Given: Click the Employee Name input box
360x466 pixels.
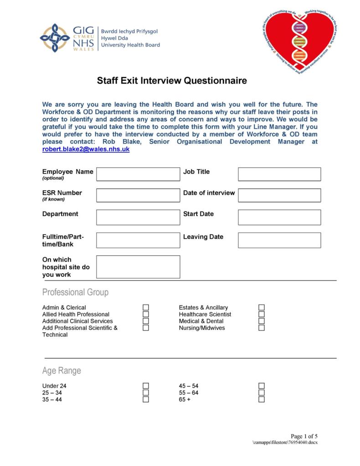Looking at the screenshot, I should [x=138, y=174].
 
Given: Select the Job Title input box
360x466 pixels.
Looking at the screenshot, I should [x=279, y=174].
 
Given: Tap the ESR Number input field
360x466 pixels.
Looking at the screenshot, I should [x=138, y=195].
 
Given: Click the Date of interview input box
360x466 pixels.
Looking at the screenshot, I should [x=279, y=195].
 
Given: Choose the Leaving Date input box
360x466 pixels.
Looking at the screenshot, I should [x=279, y=240].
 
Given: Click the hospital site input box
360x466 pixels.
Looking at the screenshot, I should [x=138, y=267].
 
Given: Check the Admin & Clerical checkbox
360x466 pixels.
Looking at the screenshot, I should [x=146, y=308].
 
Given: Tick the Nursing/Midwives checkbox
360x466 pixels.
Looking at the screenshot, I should [x=262, y=328].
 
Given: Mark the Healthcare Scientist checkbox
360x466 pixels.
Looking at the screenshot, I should [x=262, y=315].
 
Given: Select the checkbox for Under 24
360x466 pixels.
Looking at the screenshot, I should [x=146, y=386].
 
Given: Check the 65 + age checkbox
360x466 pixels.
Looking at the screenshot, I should [x=262, y=399].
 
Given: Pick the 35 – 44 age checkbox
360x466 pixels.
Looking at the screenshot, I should [x=146, y=399].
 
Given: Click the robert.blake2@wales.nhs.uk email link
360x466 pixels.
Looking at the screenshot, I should [x=86, y=149].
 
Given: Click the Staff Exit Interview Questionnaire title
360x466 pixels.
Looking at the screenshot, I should [x=172, y=81].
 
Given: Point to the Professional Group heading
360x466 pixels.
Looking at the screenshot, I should [x=75, y=292].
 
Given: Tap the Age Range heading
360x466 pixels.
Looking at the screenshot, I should [x=62, y=371].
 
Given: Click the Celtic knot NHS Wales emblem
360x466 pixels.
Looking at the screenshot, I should [x=55, y=37].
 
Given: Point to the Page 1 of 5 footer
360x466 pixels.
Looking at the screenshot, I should [x=304, y=436].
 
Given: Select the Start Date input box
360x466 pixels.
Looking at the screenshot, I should [x=279, y=217].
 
